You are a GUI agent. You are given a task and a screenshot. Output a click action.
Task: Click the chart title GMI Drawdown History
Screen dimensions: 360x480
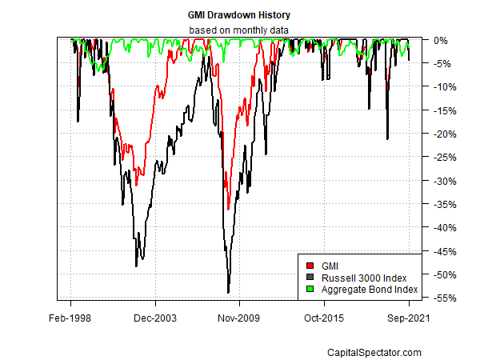coord(239,15)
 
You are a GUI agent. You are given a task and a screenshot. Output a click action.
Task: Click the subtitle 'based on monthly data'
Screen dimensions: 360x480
coord(239,30)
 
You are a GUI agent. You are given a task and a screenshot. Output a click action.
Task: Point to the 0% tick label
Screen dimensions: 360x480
coord(438,40)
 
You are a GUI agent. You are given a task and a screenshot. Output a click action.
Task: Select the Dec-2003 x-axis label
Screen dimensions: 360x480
coord(155,318)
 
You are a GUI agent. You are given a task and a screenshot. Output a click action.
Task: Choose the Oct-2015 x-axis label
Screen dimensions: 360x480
coord(324,318)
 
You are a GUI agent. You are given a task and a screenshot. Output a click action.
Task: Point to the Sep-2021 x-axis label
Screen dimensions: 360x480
coord(409,318)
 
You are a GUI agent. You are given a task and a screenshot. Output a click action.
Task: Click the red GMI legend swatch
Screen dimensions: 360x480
coord(310,263)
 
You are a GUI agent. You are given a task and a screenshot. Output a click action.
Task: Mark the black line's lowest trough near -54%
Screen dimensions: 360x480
coord(228,293)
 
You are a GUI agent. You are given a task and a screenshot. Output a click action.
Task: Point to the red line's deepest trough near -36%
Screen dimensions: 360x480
coord(228,209)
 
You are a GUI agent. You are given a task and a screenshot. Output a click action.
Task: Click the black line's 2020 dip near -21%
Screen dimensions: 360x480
coord(387,139)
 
